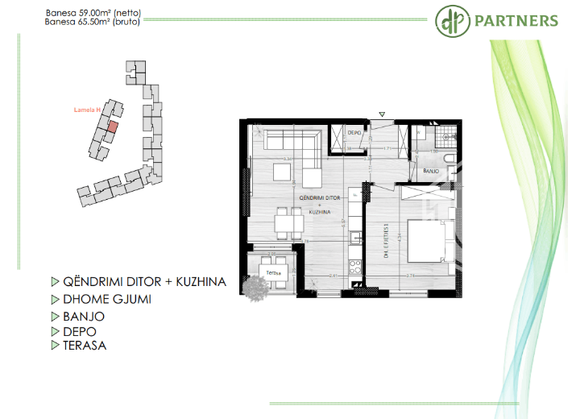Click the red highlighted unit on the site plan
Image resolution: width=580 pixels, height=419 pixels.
113,126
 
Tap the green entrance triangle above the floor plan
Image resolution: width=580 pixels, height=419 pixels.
383,114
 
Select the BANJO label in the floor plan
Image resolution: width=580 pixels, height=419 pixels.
430,171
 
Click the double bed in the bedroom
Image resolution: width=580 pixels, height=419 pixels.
426,239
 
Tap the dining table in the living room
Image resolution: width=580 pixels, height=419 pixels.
284,222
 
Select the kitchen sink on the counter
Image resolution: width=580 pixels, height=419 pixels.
354,238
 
